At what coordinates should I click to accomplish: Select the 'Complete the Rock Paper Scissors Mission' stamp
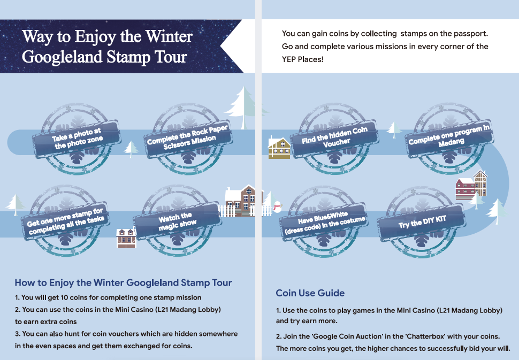pyautogui.click(x=188, y=139)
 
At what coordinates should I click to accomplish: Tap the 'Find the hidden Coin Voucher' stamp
pyautogui.click(x=334, y=139)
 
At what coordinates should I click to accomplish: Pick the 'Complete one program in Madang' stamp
pyautogui.click(x=449, y=139)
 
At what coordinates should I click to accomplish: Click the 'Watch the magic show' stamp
pyautogui.click(x=177, y=221)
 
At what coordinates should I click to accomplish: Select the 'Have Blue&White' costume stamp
pyautogui.click(x=324, y=221)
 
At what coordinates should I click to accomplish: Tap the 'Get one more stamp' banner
pyautogui.click(x=65, y=220)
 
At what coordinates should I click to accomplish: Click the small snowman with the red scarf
pyautogui.click(x=277, y=207)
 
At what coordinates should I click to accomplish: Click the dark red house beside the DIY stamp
pyautogui.click(x=465, y=189)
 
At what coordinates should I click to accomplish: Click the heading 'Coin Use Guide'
pyautogui.click(x=310, y=293)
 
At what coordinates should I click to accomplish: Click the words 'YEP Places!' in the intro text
pyautogui.click(x=302, y=59)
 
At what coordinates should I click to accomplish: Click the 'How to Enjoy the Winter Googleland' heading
pyautogui.click(x=123, y=283)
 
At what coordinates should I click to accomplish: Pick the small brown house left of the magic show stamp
pyautogui.click(x=126, y=238)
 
